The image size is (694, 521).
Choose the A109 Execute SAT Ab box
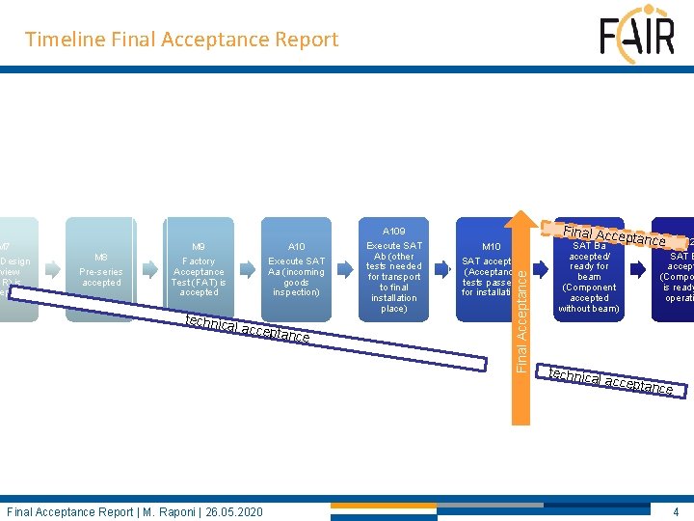click(393, 270)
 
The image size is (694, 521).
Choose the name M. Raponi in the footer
click(173, 511)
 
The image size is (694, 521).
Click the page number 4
click(676, 511)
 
